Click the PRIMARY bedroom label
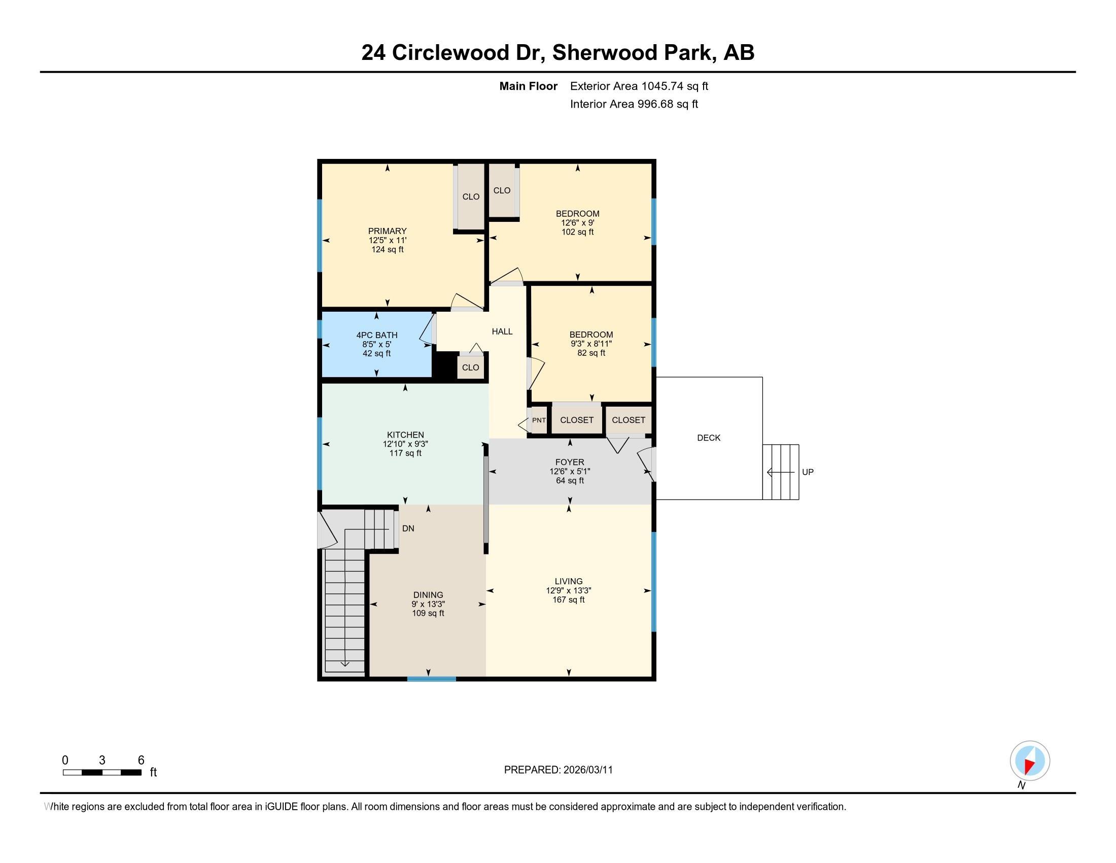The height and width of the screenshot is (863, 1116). (x=387, y=231)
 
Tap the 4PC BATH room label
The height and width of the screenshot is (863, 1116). (x=376, y=336)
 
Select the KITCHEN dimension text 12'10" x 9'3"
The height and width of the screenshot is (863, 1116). (x=405, y=444)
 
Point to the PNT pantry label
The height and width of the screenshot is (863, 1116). (x=539, y=420)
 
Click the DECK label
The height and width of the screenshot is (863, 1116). (x=708, y=438)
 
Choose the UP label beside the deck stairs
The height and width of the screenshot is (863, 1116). (x=808, y=473)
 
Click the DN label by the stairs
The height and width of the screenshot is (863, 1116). (x=408, y=528)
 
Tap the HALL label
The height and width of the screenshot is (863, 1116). (x=502, y=332)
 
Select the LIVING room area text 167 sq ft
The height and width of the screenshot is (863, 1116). (x=568, y=600)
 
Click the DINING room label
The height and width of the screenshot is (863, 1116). (x=428, y=595)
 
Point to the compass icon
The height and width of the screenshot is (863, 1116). (x=1029, y=761)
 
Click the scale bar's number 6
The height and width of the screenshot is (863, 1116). (x=141, y=760)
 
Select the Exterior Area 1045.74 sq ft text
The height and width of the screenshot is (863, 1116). (x=639, y=86)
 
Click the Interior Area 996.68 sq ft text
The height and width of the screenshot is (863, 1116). (x=634, y=104)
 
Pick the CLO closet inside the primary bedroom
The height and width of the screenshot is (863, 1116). (x=471, y=197)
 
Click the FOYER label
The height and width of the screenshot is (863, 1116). (x=569, y=462)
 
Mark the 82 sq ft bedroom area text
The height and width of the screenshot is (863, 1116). (x=591, y=353)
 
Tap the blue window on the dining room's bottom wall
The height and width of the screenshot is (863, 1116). (x=431, y=679)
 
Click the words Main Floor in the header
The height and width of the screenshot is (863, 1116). (x=528, y=86)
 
